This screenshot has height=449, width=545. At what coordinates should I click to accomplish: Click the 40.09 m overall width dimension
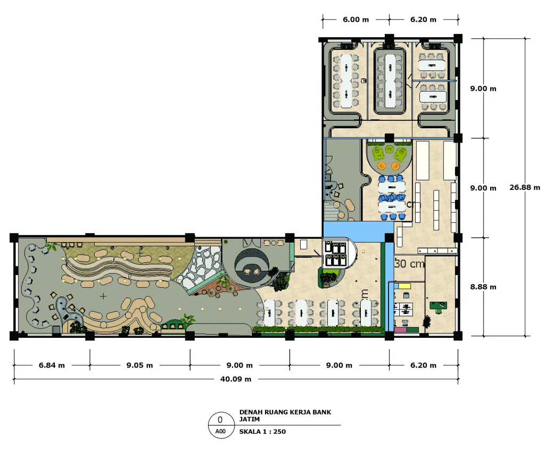(236, 379)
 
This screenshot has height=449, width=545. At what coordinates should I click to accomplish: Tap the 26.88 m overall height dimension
(524, 187)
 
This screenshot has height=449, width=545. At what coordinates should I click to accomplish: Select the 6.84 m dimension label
(52, 365)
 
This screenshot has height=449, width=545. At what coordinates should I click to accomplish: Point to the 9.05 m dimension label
(140, 365)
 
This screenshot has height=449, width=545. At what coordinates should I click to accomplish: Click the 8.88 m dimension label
(483, 287)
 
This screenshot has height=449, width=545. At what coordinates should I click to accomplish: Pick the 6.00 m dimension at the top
(356, 20)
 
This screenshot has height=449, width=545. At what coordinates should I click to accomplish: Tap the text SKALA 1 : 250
(262, 431)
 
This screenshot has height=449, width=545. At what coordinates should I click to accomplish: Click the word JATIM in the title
(249, 419)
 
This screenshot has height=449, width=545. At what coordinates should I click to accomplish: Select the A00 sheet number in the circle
(220, 431)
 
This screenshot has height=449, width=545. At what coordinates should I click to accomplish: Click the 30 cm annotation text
(409, 264)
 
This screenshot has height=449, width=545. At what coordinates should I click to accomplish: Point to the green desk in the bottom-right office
(438, 306)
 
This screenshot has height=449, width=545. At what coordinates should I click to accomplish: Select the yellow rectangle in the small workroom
(404, 286)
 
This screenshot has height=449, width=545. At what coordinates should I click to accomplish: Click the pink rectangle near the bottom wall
(400, 329)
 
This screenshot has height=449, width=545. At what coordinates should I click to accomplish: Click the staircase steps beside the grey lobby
(332, 211)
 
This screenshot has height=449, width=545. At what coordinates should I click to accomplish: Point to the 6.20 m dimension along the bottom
(423, 365)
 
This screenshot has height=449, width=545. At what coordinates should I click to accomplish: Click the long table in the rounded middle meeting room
(390, 81)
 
